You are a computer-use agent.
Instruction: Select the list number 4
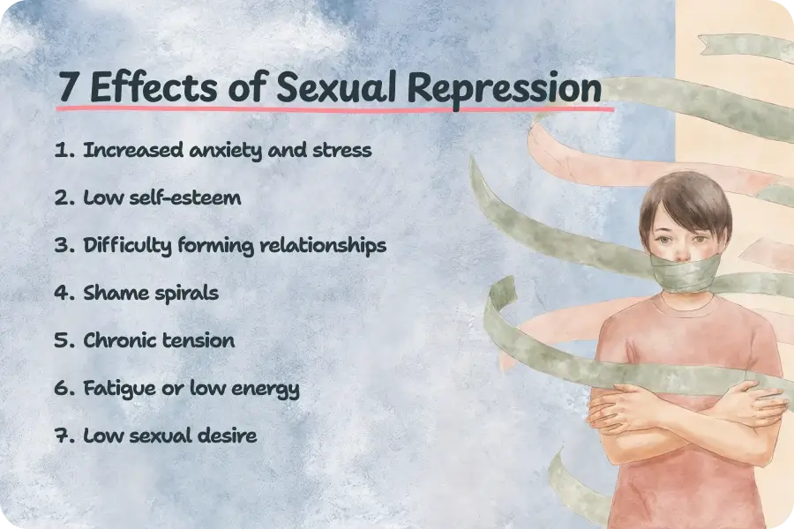(63, 293)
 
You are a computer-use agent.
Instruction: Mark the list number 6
(63, 388)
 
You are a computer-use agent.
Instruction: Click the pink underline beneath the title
(335, 109)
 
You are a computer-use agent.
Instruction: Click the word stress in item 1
(344, 150)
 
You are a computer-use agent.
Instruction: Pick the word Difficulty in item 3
(126, 245)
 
